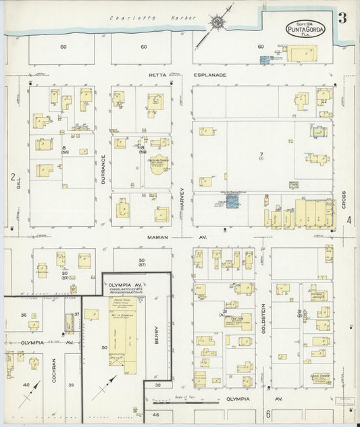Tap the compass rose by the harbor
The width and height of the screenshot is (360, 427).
[x=218, y=24]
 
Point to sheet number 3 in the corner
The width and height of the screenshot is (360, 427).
[x=342, y=18]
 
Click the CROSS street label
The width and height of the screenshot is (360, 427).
[x=343, y=181]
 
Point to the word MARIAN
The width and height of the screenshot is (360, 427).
[x=155, y=238]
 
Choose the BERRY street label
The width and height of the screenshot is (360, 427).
[x=156, y=329]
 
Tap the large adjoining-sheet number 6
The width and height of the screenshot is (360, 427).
[x=267, y=413]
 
